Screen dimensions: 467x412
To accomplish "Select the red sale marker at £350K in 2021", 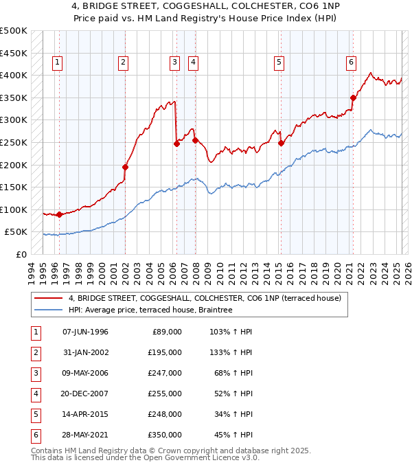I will point(354,98).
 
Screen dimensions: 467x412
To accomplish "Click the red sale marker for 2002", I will point(126,167).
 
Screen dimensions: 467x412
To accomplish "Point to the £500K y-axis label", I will point(14,31).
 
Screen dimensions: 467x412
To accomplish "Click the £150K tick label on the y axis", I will point(14,187).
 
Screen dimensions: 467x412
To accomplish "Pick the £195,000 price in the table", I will point(165,352).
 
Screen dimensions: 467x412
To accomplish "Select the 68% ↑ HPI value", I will point(231,373).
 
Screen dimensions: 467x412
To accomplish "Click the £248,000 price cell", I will point(165,414).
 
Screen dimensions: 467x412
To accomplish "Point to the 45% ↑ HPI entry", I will point(231,435).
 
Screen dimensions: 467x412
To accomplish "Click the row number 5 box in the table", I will point(35,414).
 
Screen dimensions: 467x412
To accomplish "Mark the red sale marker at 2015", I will point(282,144).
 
